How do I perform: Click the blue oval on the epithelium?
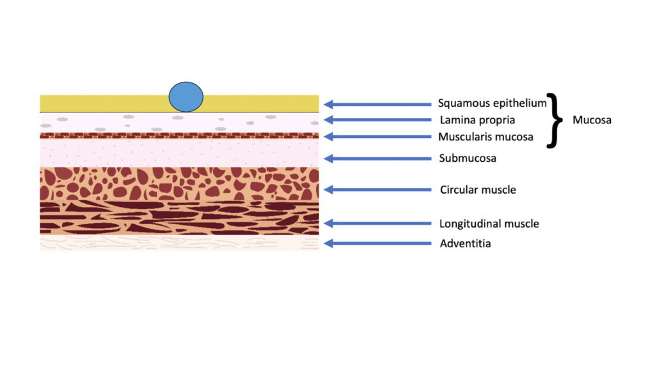186,97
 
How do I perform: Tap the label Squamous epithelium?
492,103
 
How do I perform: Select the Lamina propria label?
477,120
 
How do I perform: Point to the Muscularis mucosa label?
485,137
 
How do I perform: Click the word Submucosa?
468,158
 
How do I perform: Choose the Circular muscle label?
478,190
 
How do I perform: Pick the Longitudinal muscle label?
489,224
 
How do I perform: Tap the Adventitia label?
465,243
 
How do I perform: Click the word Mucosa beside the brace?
592,120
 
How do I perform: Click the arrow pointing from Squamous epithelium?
377,104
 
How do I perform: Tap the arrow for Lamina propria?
377,119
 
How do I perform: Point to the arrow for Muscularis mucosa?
377,137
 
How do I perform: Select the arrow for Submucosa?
377,158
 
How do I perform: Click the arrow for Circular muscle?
377,190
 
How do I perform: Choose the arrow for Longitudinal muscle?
377,224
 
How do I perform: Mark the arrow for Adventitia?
377,243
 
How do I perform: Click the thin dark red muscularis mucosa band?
179,135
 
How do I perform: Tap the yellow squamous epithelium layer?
104,103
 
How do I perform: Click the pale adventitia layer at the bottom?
179,243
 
